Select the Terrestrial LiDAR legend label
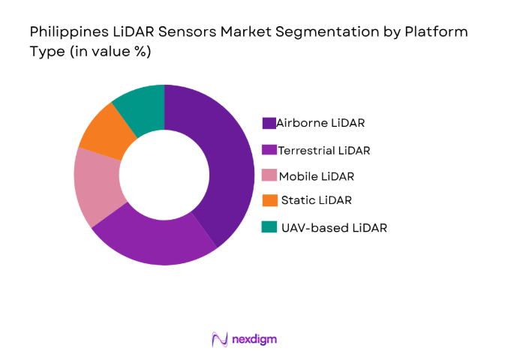[x=323, y=150]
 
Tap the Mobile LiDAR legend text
[x=316, y=176]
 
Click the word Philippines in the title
[x=65, y=33]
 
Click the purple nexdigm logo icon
[x=220, y=339]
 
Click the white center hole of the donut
[x=164, y=174]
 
